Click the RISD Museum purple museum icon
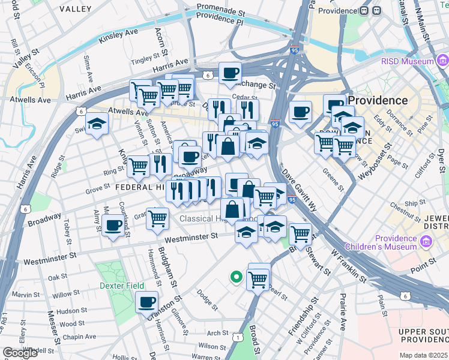tap(443, 61)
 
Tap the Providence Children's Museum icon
tap(427, 242)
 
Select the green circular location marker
tap(237, 277)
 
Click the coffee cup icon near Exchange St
tap(230, 73)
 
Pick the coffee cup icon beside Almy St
tap(113, 226)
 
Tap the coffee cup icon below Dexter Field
tap(146, 302)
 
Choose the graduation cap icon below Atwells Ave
tap(97, 125)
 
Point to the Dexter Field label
tap(122, 286)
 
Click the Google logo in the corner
tap(20, 353)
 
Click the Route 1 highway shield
tap(239, 338)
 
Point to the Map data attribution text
tap(424, 355)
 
